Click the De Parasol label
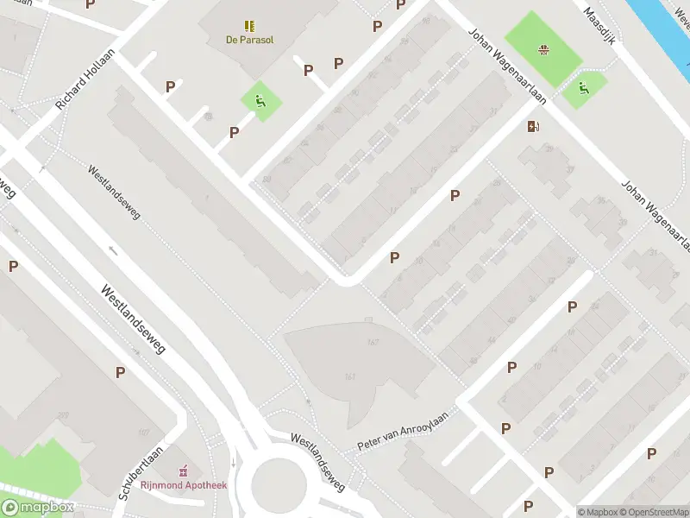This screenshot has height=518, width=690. (249, 39)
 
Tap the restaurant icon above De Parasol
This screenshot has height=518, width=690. (249, 26)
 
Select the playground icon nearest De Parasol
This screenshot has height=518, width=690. (260, 101)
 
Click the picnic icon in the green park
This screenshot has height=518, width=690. (543, 50)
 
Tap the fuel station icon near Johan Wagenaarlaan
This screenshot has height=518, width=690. (534, 127)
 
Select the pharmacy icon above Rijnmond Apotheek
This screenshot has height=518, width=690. (183, 471)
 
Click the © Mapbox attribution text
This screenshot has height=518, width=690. (597, 512)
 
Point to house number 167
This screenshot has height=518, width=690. (373, 343)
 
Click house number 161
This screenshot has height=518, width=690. (350, 376)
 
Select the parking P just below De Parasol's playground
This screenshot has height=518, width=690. (234, 132)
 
